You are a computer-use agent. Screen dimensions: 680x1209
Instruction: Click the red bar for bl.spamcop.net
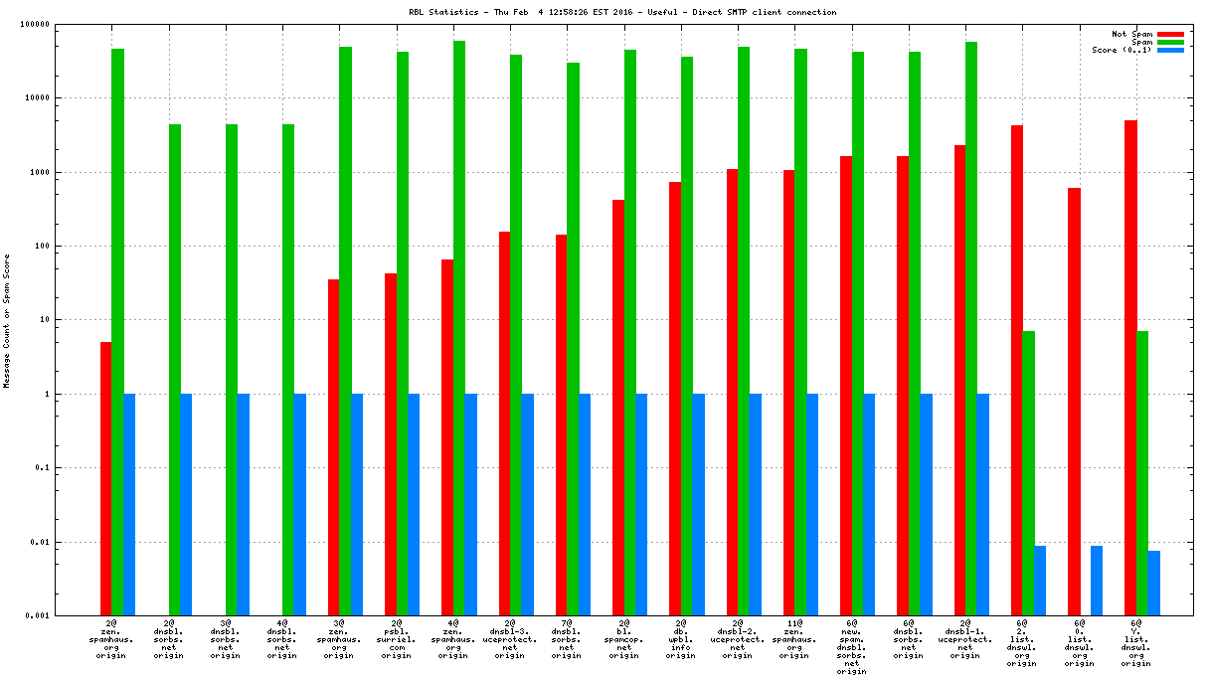point(618,408)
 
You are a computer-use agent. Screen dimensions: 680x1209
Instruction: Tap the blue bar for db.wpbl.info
point(698,504)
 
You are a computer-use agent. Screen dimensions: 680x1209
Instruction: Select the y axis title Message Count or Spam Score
point(7,320)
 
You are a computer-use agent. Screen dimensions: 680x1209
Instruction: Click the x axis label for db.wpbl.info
point(681,641)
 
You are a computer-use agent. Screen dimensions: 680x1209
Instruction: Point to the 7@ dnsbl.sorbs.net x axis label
point(567,641)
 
